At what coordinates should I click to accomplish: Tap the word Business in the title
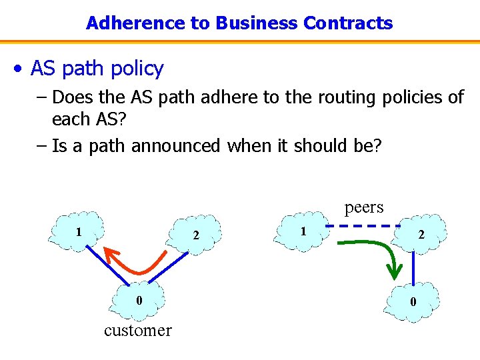pyautogui.click(x=256, y=23)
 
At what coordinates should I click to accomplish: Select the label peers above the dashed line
pyautogui.click(x=364, y=207)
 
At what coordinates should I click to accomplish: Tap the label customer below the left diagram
pyautogui.click(x=138, y=330)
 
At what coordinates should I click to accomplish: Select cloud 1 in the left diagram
pyautogui.click(x=79, y=232)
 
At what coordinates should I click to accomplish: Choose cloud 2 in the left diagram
pyautogui.click(x=195, y=234)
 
